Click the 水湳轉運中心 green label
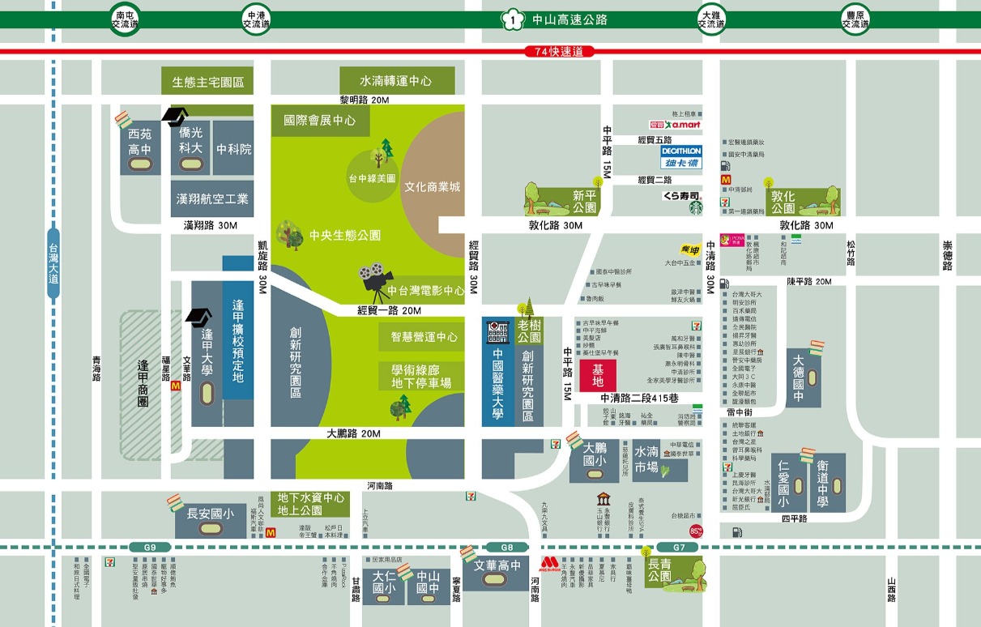[396, 81]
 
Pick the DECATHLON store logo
[680, 156]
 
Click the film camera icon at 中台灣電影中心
[373, 278]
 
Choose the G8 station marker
[506, 548]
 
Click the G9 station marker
[149, 548]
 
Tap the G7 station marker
[678, 548]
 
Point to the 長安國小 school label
[211, 514]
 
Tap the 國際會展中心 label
[320, 121]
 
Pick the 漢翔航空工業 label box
[212, 198]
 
